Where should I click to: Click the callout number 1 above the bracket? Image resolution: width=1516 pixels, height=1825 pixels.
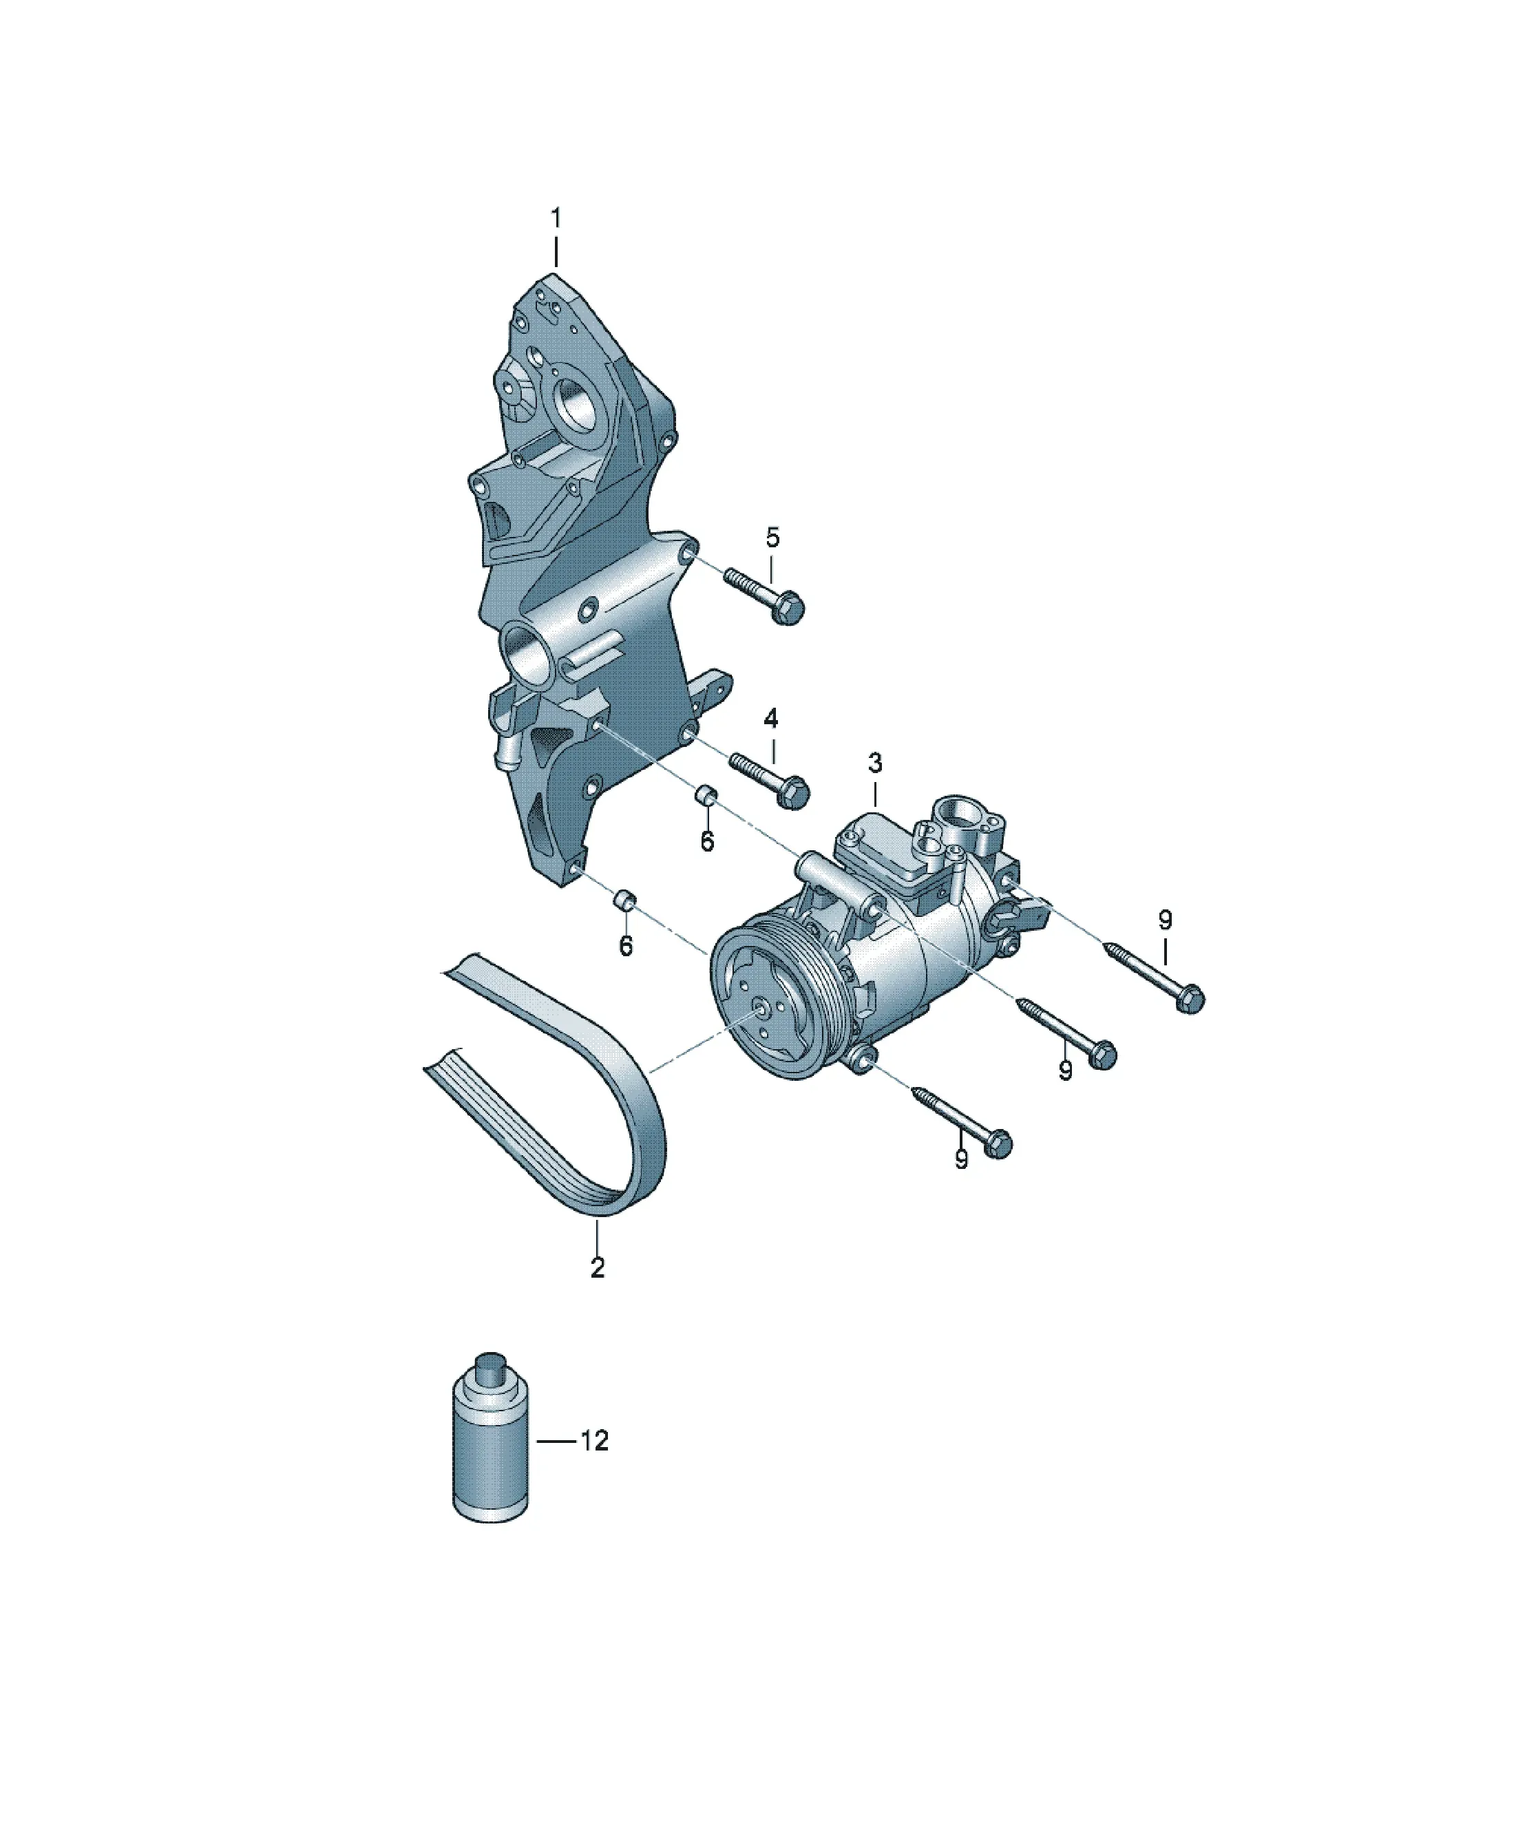pos(556,218)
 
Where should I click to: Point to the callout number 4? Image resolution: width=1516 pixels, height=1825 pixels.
pos(771,718)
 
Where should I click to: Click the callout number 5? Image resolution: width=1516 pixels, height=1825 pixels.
pos(772,536)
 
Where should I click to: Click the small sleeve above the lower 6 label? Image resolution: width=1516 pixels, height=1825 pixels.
pos(625,900)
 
